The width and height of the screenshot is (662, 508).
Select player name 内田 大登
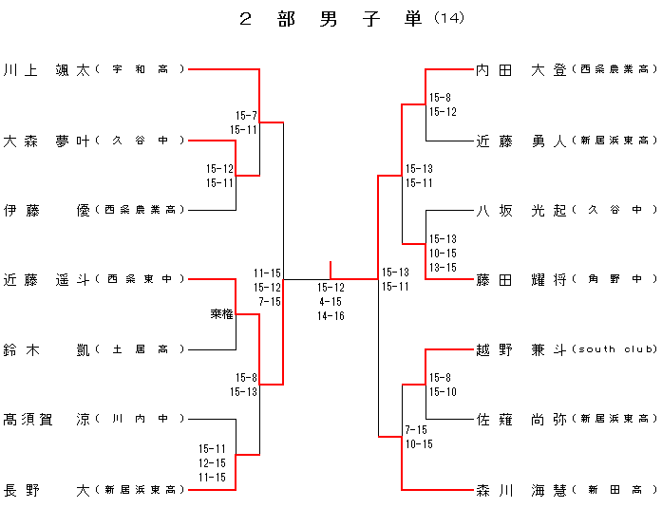click(520, 69)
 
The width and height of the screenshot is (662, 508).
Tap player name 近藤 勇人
click(520, 141)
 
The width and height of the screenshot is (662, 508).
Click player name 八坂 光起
click(520, 210)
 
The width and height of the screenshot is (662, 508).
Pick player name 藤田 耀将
click(520, 280)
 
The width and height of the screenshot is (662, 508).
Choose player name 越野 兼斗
click(520, 349)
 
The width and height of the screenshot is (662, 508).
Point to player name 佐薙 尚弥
click(520, 419)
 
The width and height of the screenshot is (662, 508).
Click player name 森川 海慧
click(520, 490)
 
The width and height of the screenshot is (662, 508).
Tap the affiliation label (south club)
click(615, 349)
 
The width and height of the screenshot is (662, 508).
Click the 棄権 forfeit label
click(222, 313)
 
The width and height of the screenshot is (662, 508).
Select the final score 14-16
click(331, 316)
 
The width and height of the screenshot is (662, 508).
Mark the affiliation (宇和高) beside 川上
click(142, 69)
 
